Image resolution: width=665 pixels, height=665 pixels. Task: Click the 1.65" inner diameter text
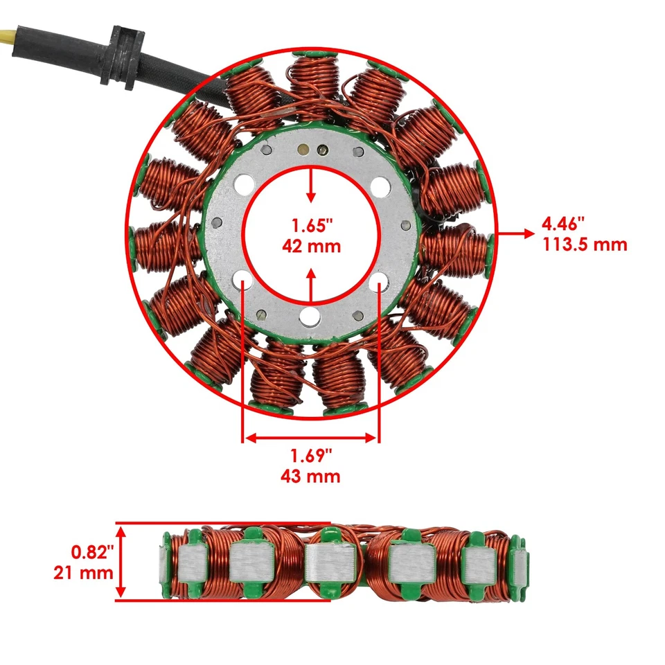tap(312, 226)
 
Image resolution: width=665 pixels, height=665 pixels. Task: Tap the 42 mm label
tap(312, 245)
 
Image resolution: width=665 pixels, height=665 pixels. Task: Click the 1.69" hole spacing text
tap(311, 456)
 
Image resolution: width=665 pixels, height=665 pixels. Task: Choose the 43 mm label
tap(311, 477)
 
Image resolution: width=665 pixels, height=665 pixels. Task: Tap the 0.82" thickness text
tap(92, 553)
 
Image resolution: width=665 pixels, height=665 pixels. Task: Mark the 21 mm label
tap(83, 573)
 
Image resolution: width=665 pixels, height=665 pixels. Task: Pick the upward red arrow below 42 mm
tap(312, 284)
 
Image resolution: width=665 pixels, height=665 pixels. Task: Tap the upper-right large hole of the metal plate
tap(380, 186)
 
